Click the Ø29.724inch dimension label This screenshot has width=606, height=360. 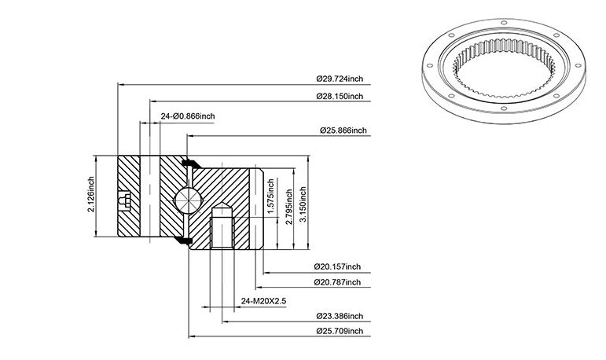pyautogui.click(x=340, y=79)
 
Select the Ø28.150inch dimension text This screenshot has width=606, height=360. pyautogui.click(x=340, y=96)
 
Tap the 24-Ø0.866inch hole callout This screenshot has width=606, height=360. pyautogui.click(x=188, y=116)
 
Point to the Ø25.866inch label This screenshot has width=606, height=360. pyautogui.click(x=343, y=130)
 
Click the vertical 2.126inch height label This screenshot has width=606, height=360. pyautogui.click(x=91, y=194)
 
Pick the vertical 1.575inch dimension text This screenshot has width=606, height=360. pyautogui.click(x=270, y=196)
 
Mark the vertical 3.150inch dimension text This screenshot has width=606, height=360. pyautogui.click(x=303, y=204)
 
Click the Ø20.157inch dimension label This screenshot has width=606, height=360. pyautogui.click(x=337, y=266)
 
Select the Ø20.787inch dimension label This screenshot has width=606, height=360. pyautogui.click(x=337, y=282)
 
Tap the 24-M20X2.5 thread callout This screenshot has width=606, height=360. pyautogui.click(x=263, y=301)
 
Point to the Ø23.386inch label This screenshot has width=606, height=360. pyautogui.click(x=340, y=316)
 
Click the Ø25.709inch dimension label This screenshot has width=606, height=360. pyautogui.click(x=340, y=331)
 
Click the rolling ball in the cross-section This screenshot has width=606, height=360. pyautogui.click(x=188, y=200)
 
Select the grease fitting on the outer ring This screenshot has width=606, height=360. pyautogui.click(x=124, y=200)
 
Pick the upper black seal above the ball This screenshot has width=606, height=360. pyautogui.click(x=191, y=164)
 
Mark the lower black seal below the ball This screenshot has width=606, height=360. pyautogui.click(x=183, y=241)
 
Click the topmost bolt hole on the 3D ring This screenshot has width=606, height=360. pyautogui.click(x=504, y=23)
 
